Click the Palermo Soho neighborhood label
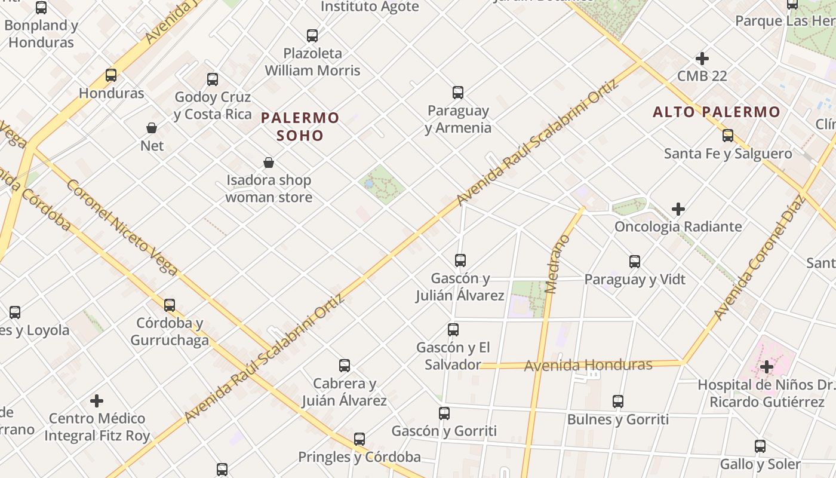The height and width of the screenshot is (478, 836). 300,126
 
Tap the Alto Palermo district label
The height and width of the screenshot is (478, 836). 716,112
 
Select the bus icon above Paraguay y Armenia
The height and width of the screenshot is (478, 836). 458,93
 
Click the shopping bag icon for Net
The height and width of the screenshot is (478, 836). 152,128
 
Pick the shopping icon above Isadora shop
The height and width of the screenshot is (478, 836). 269,163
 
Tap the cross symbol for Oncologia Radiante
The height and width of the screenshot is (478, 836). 678,209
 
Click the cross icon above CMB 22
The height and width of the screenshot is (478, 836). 702,59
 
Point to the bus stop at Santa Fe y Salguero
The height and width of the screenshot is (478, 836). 728,136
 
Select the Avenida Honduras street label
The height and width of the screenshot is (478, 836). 588,364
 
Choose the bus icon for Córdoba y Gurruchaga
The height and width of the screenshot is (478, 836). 170,305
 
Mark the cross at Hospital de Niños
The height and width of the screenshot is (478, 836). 767,366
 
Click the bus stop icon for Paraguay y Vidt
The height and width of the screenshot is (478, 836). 635,262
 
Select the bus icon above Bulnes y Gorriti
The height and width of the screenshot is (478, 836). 618,402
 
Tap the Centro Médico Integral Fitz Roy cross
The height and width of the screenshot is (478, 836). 97,400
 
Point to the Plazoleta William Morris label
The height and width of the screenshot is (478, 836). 312,62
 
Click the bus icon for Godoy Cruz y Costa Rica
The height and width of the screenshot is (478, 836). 213,79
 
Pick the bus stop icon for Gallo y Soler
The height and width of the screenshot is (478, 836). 760,446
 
